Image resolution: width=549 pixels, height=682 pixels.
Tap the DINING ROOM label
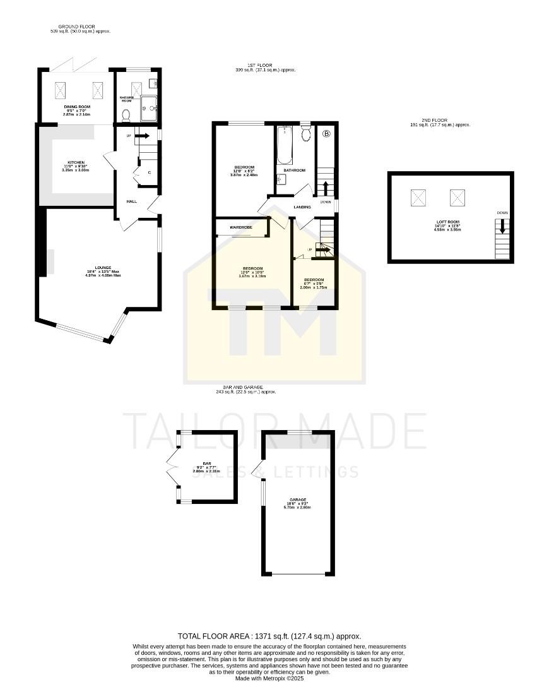pyautogui.click(x=76, y=107)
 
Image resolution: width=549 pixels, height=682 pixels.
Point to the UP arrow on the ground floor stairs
pyautogui.click(x=141, y=135)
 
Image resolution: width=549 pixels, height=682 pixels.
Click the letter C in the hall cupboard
pyautogui.click(x=149, y=172)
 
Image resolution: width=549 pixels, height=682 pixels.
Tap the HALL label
pyautogui.click(x=131, y=201)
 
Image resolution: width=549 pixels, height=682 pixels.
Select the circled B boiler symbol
pyautogui.click(x=327, y=134)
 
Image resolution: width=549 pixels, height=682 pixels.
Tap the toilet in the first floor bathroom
pyautogui.click(x=307, y=133)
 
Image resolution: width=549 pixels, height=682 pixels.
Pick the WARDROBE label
pyautogui.click(x=241, y=227)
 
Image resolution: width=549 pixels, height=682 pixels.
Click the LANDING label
pyautogui.click(x=302, y=206)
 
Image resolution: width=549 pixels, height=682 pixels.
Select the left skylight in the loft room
pyautogui.click(x=418, y=198)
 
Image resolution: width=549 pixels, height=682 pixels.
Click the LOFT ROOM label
pyautogui.click(x=447, y=222)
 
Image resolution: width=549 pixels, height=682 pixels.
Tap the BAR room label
pyautogui.click(x=207, y=464)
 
